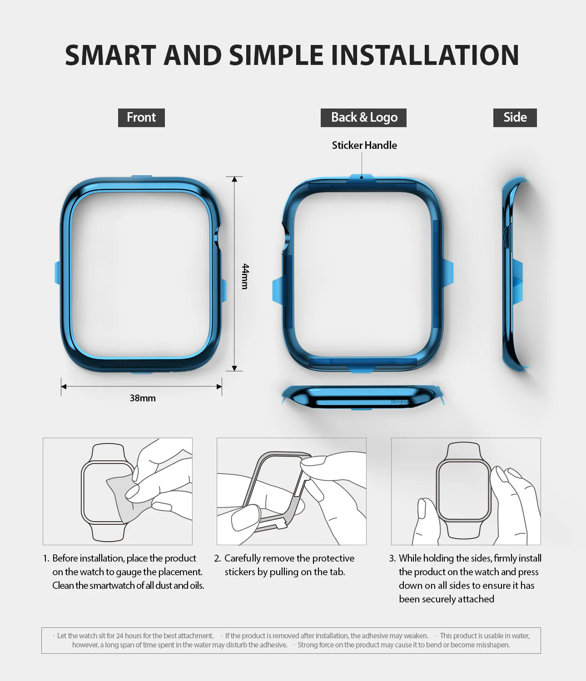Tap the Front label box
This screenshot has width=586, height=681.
(141, 118)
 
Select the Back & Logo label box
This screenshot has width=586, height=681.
(363, 118)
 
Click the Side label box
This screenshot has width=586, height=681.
(515, 118)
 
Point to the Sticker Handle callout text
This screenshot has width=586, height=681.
(364, 145)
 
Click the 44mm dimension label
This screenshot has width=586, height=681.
(245, 276)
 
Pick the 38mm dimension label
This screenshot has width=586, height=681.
(143, 398)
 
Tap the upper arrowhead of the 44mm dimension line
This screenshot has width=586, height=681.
(234, 179)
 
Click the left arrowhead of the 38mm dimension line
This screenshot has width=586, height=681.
(64, 387)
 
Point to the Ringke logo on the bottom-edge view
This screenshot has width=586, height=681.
(400, 402)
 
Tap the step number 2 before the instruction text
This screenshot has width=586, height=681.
(217, 558)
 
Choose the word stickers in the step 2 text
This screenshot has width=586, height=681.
(240, 572)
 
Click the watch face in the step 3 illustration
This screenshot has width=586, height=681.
(463, 490)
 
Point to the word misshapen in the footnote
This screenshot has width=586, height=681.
(492, 645)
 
